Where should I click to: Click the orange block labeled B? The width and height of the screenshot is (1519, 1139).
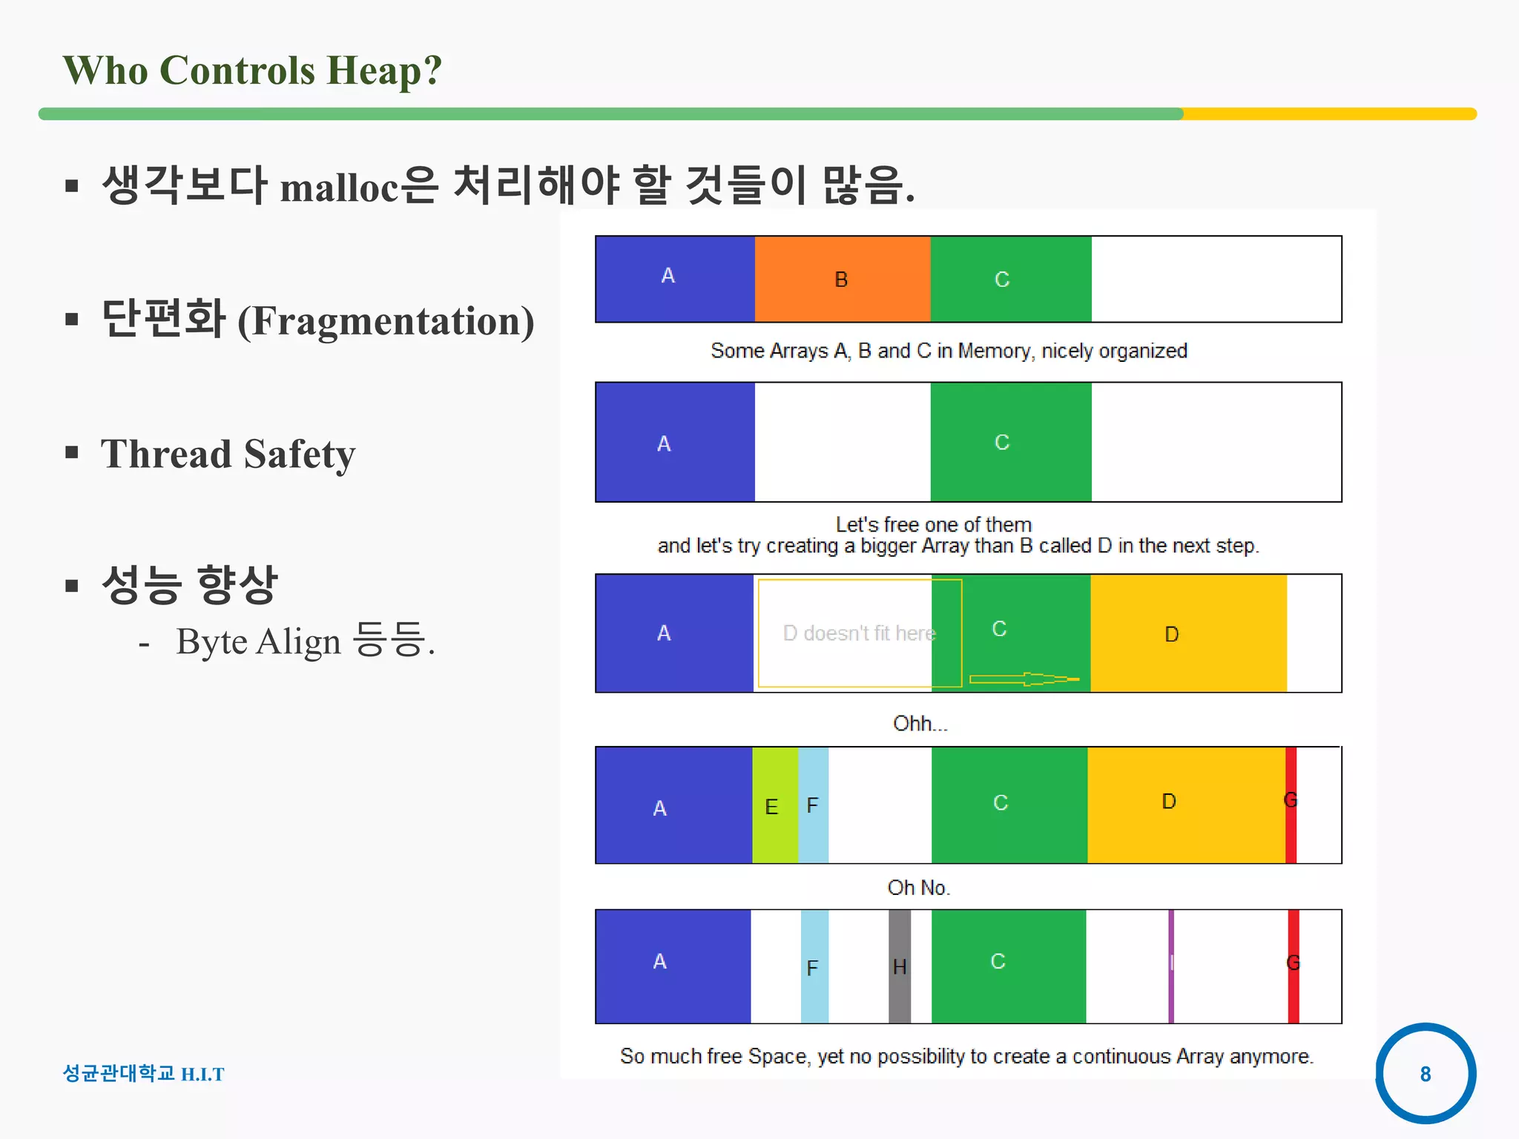point(842,279)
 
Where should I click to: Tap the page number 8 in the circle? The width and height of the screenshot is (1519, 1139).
point(1425,1073)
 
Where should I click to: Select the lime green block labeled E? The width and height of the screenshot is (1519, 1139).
point(774,805)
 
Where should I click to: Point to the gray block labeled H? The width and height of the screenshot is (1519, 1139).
point(899,966)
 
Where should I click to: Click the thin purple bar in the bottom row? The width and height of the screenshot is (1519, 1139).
point(1170,966)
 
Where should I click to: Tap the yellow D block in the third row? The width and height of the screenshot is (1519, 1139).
point(1187,633)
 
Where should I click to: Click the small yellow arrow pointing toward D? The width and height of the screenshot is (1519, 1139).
point(1024,679)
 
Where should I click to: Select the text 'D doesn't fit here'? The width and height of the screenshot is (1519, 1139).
point(859,633)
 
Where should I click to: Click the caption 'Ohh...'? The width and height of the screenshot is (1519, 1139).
point(920,723)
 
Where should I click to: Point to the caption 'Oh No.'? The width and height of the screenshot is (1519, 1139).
point(918,888)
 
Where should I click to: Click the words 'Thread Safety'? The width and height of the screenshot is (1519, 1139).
point(228,454)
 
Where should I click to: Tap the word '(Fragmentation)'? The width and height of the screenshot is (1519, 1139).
point(386,321)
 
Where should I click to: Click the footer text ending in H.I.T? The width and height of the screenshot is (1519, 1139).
point(143,1073)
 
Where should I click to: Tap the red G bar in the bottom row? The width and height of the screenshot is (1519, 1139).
point(1293,966)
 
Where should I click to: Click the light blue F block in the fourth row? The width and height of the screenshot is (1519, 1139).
point(813,805)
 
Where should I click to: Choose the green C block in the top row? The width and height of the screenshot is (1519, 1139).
point(1010,279)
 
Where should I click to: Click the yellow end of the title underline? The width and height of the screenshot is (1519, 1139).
point(1328,113)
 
